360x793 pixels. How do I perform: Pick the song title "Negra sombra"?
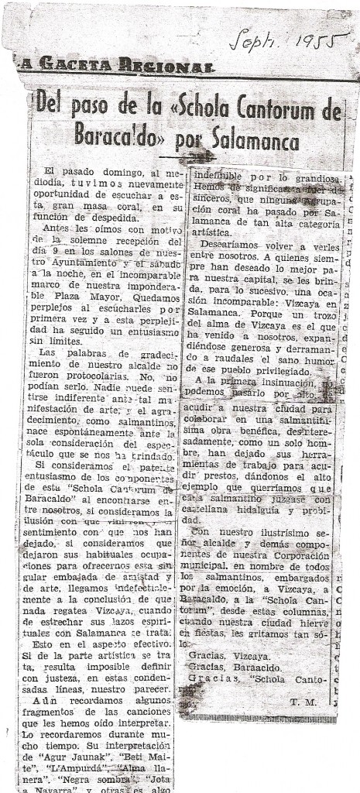click(90, 764)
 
